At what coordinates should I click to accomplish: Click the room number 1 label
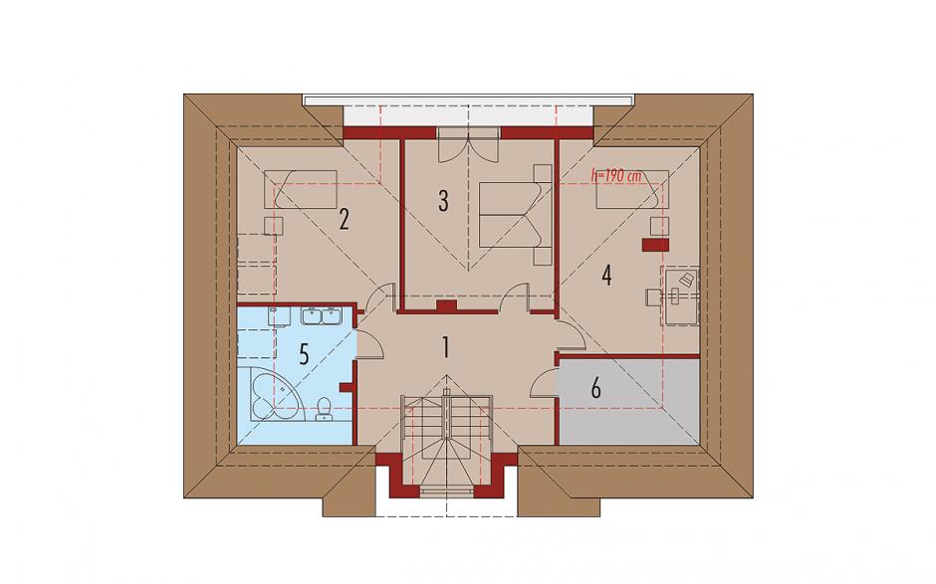coord(445,347)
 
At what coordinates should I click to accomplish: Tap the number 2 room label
coord(344,220)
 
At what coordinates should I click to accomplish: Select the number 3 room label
coord(443,201)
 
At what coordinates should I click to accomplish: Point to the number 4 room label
coord(607,275)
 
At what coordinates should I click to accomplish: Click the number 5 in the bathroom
coord(304,355)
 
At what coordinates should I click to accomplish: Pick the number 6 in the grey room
coord(595,388)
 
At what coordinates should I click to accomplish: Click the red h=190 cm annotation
coord(615,176)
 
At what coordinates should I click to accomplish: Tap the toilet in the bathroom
coord(324,409)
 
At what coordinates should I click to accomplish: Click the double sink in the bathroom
coord(322,315)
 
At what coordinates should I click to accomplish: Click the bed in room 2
coord(301,189)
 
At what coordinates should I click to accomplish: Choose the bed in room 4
coord(632,189)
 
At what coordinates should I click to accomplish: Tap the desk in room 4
coord(680,295)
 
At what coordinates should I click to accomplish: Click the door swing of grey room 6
coord(544,382)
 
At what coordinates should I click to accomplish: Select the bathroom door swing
coord(369,342)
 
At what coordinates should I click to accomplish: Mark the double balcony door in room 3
coord(469,144)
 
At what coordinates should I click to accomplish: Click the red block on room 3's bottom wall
coord(446,306)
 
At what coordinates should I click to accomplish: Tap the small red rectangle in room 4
coord(655,244)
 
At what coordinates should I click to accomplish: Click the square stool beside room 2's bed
coord(274,226)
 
